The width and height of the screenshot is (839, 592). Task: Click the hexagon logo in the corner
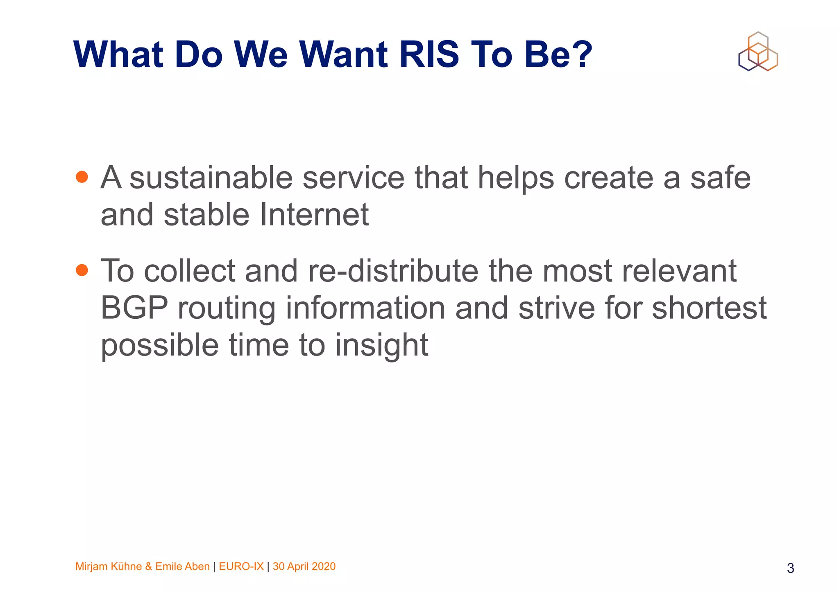click(758, 52)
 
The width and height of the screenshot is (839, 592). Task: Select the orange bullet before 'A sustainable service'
click(82, 177)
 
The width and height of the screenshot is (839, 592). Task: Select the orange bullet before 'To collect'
click(82, 270)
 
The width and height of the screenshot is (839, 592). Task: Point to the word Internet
click(314, 215)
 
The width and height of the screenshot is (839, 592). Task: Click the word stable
click(206, 215)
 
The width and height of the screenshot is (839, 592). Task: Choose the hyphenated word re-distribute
click(393, 271)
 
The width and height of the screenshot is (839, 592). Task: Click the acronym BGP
click(134, 308)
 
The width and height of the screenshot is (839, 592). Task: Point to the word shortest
click(709, 308)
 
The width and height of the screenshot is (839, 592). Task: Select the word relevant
click(679, 271)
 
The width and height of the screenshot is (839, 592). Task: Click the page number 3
click(790, 568)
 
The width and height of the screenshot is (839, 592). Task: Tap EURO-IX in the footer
click(241, 567)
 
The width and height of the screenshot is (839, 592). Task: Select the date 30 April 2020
click(304, 567)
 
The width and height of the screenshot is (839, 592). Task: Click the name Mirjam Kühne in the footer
click(109, 567)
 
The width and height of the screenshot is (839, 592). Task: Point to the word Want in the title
click(343, 54)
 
